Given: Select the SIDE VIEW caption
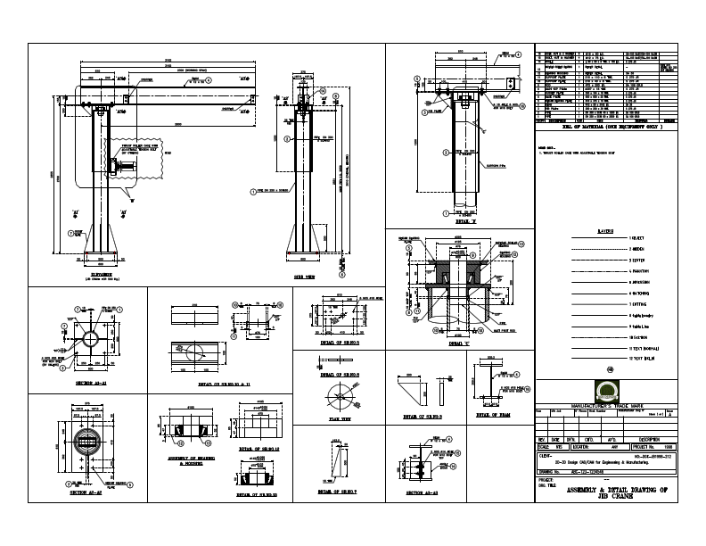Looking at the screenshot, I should [x=308, y=277].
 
